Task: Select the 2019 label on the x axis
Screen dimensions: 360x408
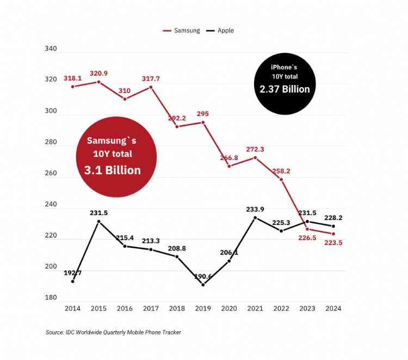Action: tap(203, 309)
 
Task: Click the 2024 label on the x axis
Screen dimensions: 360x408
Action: tap(333, 309)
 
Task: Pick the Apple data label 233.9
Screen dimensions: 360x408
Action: tap(255, 209)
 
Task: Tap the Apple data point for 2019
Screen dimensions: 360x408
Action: tap(203, 285)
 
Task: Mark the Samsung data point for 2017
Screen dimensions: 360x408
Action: tap(151, 87)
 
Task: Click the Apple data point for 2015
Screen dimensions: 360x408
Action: tap(98, 221)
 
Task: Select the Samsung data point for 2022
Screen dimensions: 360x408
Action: tap(281, 179)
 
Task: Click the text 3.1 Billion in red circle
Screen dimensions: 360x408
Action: tap(113, 170)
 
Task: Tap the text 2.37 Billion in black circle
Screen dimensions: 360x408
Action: tap(285, 89)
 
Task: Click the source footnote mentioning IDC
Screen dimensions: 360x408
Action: tap(113, 332)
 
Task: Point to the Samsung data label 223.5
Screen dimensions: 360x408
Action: tap(333, 243)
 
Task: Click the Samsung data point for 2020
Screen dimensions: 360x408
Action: tap(229, 166)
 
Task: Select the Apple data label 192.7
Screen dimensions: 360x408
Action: tap(72, 272)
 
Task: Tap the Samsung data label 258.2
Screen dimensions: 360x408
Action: tap(281, 171)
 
